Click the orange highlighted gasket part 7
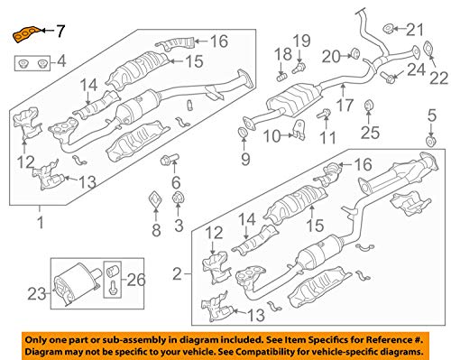pyautogui.click(x=26, y=34)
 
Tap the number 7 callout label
pyautogui.click(x=60, y=31)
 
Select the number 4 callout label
pyautogui.click(x=61, y=61)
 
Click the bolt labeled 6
pyautogui.click(x=170, y=159)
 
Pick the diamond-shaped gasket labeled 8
pyautogui.click(x=156, y=199)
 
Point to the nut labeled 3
pyautogui.click(x=178, y=198)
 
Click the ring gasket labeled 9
pyautogui.click(x=243, y=133)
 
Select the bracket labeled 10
pyautogui.click(x=299, y=130)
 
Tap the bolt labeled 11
pyautogui.click(x=324, y=114)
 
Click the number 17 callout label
pyautogui.click(x=345, y=105)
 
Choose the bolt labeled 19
pyautogui.click(x=299, y=69)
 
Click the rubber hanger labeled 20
pyautogui.click(x=355, y=53)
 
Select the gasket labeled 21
pyautogui.click(x=388, y=29)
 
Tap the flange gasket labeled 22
pyautogui.click(x=428, y=50)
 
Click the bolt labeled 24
pyautogui.click(x=388, y=77)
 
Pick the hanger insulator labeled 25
pyautogui.click(x=369, y=106)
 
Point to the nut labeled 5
pyautogui.click(x=431, y=141)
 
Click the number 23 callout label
pyautogui.click(x=37, y=293)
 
